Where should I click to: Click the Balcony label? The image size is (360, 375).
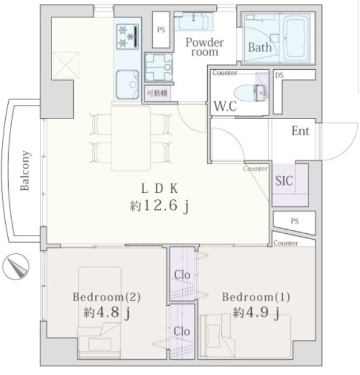(25, 171)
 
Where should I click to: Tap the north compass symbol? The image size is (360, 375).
(16, 267)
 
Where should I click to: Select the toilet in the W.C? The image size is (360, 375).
(251, 93)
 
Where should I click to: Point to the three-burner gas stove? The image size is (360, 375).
(128, 36)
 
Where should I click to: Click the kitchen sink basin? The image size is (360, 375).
(128, 84)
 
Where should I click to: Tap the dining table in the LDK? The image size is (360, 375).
(131, 139)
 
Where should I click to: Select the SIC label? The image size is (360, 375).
(284, 181)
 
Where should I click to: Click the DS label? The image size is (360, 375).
(279, 76)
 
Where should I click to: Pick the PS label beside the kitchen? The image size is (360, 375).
(161, 30)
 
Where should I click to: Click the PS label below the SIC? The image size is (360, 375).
(294, 221)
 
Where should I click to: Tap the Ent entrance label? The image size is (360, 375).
(300, 131)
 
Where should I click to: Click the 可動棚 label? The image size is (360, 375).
(157, 93)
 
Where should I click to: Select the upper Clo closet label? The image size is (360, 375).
(182, 275)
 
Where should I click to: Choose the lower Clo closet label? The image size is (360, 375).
(182, 332)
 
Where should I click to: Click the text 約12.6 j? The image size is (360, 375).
(160, 206)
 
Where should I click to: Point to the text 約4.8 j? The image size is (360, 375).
(107, 312)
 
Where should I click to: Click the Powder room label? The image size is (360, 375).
(205, 47)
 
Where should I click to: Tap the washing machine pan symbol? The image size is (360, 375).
(159, 67)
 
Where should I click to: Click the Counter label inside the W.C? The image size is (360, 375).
(225, 73)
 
